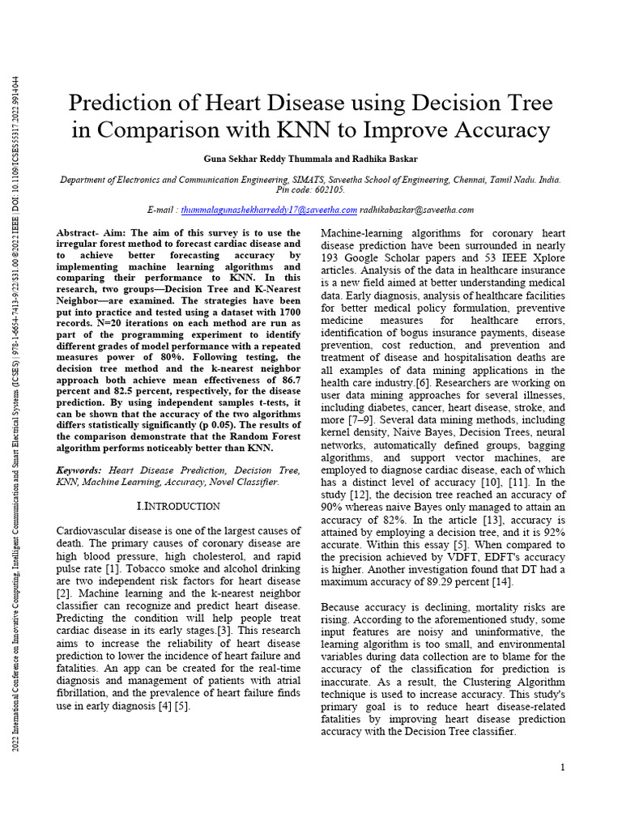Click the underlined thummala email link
pyautogui.click(x=269, y=210)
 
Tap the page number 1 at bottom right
pyautogui.click(x=562, y=767)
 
